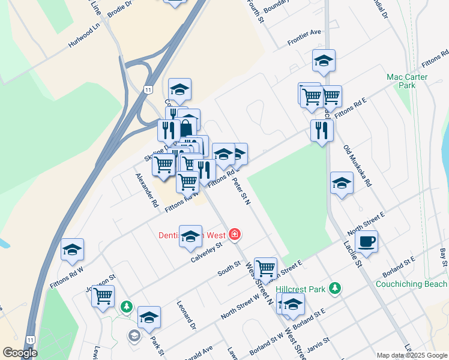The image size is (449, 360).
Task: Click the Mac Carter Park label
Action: (x=407, y=81)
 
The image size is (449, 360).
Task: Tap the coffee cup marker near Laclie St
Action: (x=366, y=242)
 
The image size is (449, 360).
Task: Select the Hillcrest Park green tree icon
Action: (x=335, y=289)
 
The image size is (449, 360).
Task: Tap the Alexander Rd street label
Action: (x=146, y=190)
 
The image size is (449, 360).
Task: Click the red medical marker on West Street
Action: (x=235, y=234)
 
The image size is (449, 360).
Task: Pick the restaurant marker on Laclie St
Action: (x=322, y=130)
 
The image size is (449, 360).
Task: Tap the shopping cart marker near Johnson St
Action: (x=103, y=295)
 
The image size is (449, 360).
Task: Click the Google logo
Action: (x=20, y=353)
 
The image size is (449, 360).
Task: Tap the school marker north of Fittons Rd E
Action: (x=324, y=60)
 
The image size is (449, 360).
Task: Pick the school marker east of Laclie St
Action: (x=342, y=183)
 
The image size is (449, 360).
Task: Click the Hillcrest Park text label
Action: (x=301, y=289)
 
